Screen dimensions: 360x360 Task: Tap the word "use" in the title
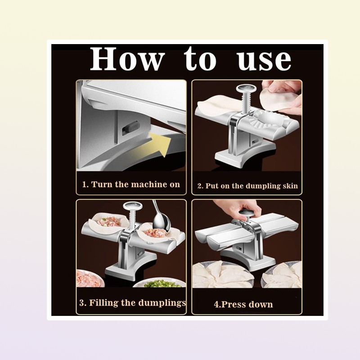pyautogui.click(x=264, y=60)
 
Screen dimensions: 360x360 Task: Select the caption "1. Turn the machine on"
pyautogui.click(x=131, y=184)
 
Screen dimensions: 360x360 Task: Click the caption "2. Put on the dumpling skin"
pyautogui.click(x=247, y=186)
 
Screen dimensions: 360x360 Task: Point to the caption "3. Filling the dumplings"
pyautogui.click(x=133, y=302)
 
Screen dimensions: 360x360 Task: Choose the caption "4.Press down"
pyautogui.click(x=243, y=304)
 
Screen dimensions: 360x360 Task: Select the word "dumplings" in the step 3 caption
pyautogui.click(x=162, y=302)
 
